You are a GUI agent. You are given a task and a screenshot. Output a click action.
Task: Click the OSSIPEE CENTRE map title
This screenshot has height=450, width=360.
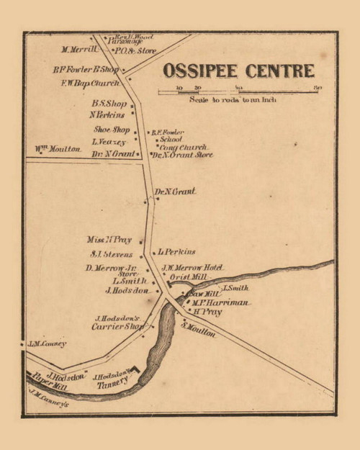238,71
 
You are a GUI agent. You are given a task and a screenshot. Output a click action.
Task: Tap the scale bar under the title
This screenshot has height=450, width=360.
238,90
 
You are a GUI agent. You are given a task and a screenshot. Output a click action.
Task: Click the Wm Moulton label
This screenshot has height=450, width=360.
58,150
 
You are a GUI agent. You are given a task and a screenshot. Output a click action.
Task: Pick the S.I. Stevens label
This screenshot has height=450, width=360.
111,254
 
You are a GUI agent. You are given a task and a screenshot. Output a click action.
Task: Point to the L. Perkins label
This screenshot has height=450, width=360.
176,252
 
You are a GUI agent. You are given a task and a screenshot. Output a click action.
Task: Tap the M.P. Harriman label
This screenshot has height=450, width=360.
220,303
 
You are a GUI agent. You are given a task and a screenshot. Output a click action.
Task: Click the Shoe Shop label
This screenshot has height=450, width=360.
112,130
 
